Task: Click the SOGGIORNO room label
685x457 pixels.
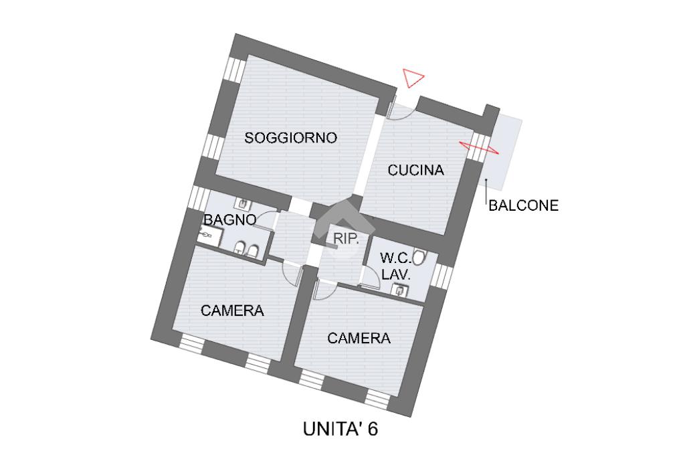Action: (x=291, y=139)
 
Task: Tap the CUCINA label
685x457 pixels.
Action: (x=416, y=171)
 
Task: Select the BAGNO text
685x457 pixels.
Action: (x=229, y=219)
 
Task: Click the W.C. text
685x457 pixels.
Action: (x=395, y=258)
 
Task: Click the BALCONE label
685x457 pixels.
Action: (x=523, y=206)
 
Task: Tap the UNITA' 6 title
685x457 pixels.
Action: (x=340, y=429)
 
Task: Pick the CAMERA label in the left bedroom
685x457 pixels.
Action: (x=232, y=310)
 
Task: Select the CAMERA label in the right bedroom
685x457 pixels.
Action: (x=359, y=339)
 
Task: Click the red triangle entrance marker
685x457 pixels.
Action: (x=413, y=78)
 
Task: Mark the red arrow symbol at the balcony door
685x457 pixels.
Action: (x=479, y=147)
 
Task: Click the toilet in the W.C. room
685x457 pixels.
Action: (x=420, y=257)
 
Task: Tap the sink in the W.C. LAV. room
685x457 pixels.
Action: (x=399, y=290)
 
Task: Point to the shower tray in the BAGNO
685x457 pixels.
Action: (x=207, y=234)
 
